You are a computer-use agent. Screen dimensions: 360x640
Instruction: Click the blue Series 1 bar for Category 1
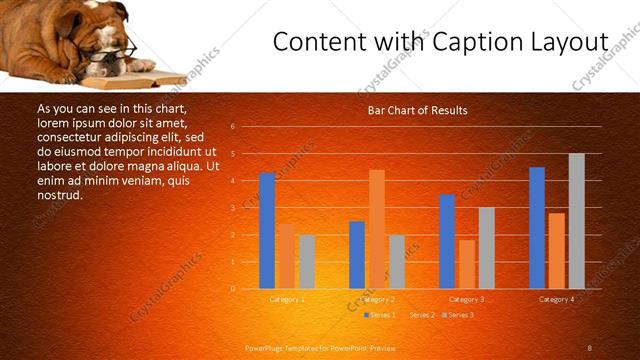pos(267,231)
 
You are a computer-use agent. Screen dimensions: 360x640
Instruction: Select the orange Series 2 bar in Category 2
pos(377,229)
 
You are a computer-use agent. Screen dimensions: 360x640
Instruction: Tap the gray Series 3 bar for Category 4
pos(576,221)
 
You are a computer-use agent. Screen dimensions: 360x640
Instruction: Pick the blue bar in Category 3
pos(447,241)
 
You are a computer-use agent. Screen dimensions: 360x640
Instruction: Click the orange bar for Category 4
pos(556,251)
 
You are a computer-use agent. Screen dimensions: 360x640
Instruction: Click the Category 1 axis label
pos(287,299)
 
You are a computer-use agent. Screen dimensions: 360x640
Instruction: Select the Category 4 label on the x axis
pos(556,299)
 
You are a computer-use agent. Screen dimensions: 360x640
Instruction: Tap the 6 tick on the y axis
pos(232,127)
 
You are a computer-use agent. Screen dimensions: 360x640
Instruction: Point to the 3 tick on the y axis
pos(232,208)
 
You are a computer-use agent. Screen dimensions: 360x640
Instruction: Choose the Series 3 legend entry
pos(459,315)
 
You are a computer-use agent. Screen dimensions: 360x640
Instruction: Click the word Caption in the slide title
pos(469,43)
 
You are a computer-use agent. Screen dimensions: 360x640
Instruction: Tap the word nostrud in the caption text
pos(60,195)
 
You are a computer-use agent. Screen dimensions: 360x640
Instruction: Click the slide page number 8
pos(589,348)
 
